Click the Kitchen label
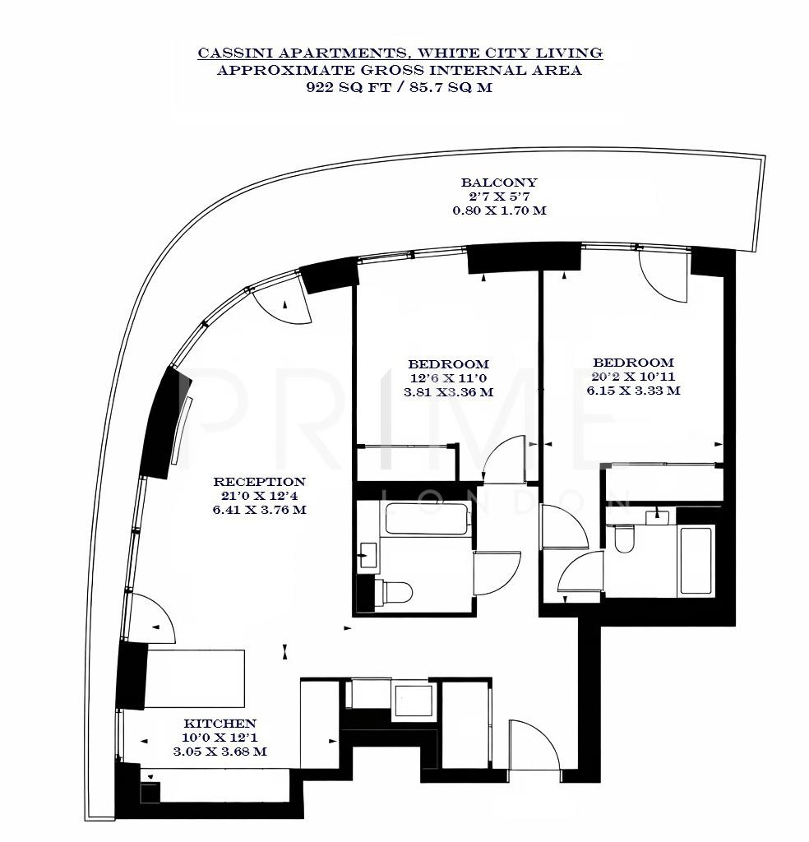click(x=219, y=723)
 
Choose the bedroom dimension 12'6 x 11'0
click(x=449, y=378)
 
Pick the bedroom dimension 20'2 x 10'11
click(x=633, y=377)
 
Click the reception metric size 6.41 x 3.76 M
click(x=260, y=510)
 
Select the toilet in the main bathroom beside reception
click(x=398, y=592)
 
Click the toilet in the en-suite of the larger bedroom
click(x=624, y=538)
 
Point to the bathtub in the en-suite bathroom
click(x=696, y=562)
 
